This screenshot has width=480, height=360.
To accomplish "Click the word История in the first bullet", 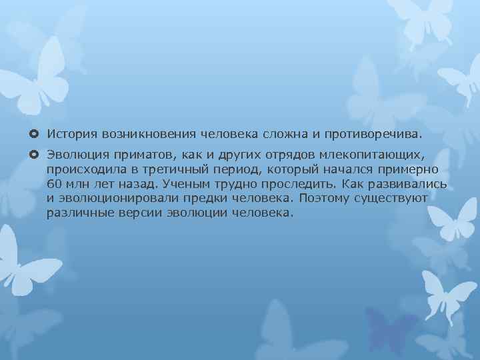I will coord(69,135).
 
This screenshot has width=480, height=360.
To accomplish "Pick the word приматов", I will coord(133,155).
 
